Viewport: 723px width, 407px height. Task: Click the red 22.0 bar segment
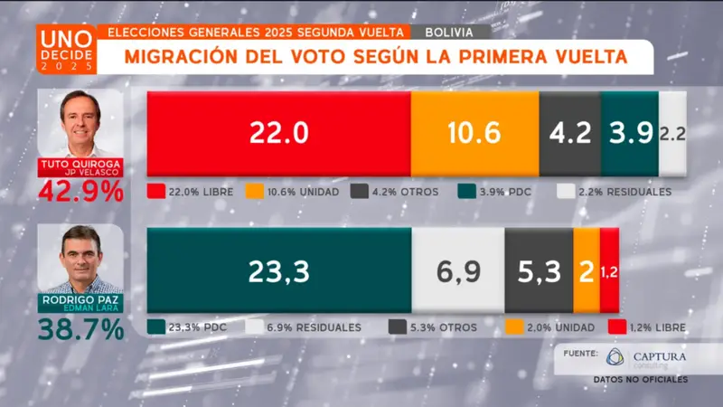click(x=278, y=134)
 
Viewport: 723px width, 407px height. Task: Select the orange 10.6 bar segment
click(x=474, y=134)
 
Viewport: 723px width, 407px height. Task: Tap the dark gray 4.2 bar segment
click(x=569, y=134)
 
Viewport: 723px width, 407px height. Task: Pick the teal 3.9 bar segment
click(x=629, y=134)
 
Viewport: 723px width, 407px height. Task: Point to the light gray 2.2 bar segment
click(x=671, y=134)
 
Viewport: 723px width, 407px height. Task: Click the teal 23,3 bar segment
click(x=278, y=270)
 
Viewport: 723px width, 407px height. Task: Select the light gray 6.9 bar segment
click(x=457, y=270)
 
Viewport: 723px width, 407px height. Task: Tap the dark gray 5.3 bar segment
click(x=539, y=270)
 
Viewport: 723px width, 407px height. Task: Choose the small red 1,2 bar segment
click(x=609, y=270)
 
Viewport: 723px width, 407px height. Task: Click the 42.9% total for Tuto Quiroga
click(x=81, y=192)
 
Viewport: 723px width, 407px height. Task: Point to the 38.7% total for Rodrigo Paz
click(x=81, y=330)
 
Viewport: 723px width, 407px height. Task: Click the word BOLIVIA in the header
click(x=450, y=32)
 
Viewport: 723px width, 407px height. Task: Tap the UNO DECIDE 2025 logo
click(x=65, y=49)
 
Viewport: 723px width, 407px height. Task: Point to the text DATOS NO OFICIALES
click(x=641, y=378)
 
